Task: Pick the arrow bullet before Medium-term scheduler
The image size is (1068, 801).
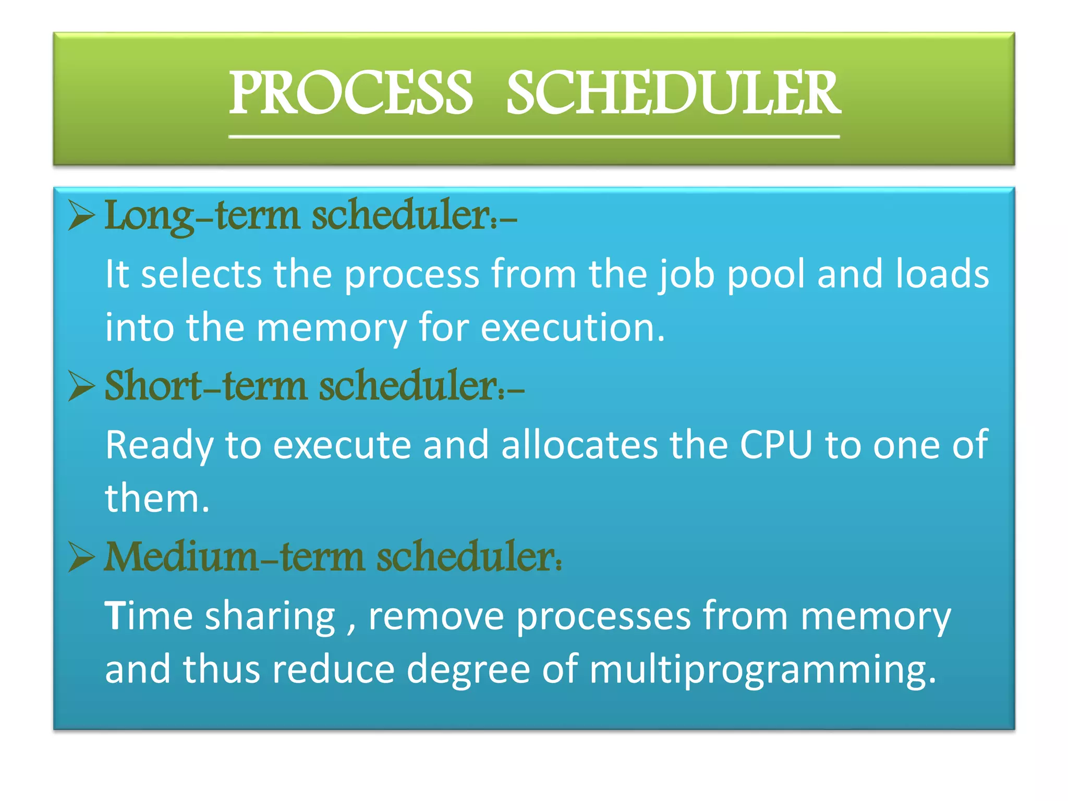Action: pyautogui.click(x=81, y=557)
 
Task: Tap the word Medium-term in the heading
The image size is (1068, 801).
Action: pyautogui.click(x=234, y=556)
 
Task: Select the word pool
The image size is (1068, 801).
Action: pyautogui.click(x=766, y=275)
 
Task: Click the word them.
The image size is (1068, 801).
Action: pyautogui.click(x=156, y=499)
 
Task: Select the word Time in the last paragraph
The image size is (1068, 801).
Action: pyautogui.click(x=149, y=616)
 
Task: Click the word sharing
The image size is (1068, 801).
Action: pyautogui.click(x=270, y=617)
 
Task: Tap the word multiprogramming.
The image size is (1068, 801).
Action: pyautogui.click(x=762, y=670)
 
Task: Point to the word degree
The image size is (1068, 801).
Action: pyautogui.click(x=468, y=670)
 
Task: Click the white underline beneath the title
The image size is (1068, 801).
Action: pyautogui.click(x=533, y=137)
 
